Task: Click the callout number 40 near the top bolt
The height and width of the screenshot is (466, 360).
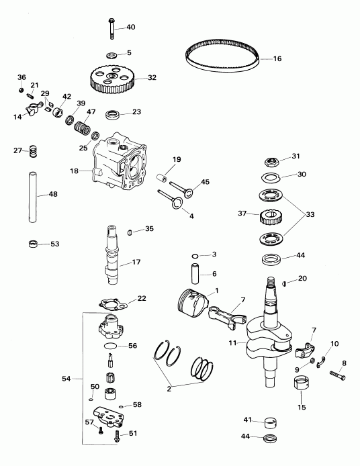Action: coord(130,27)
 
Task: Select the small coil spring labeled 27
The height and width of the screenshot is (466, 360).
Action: coord(32,152)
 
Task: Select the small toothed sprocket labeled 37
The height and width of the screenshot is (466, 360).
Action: coord(270,216)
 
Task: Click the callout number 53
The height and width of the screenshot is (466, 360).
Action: coord(55,243)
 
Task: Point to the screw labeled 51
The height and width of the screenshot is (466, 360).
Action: coord(118,434)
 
